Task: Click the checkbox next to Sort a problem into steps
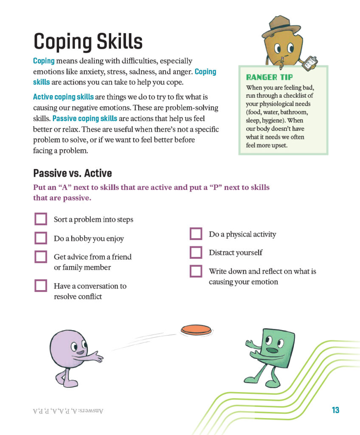(x=41, y=219)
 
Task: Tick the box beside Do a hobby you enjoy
(x=41, y=238)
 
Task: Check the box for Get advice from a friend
(x=41, y=257)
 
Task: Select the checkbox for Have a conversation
(x=41, y=285)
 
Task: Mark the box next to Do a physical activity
(x=196, y=234)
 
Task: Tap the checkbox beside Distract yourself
(x=196, y=252)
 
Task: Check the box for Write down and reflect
(x=196, y=271)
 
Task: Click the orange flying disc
(x=196, y=329)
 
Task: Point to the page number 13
(x=335, y=410)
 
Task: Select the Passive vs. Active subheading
(x=73, y=173)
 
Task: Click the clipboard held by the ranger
(x=310, y=62)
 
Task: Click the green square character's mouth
(x=272, y=350)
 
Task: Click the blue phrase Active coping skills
(x=63, y=97)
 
